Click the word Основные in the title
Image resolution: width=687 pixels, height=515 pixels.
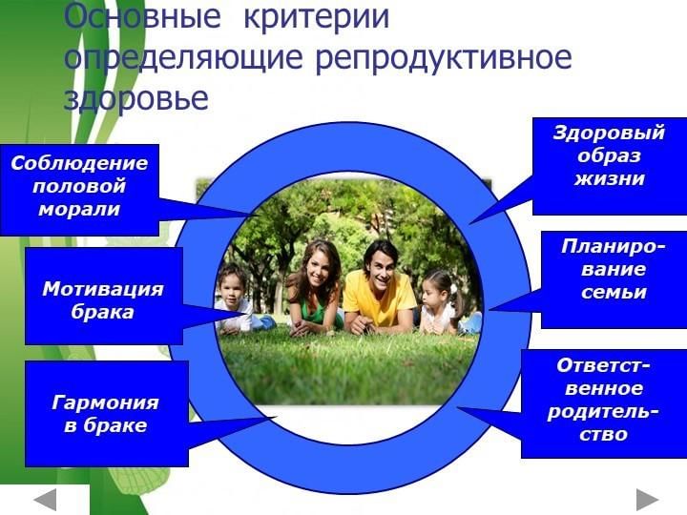pos(141,16)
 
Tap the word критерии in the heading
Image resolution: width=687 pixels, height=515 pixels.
pos(317,16)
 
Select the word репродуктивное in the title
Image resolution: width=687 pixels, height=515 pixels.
pos(444,59)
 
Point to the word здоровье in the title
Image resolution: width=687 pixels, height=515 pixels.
pos(135,97)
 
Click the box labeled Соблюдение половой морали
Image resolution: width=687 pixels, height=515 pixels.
pos(79,190)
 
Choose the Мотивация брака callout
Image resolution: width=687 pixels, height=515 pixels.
pos(103,296)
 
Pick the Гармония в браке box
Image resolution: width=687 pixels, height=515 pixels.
pos(107,413)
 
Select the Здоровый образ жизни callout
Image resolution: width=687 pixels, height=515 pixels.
pos(610,166)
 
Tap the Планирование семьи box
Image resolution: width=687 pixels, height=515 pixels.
pos(614,279)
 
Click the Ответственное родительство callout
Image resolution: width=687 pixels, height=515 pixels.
pos(604,403)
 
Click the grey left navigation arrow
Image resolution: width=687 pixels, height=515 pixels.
pos(45,499)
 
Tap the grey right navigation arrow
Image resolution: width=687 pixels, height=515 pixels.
pos(648,499)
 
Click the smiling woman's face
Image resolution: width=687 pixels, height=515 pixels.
pos(320,268)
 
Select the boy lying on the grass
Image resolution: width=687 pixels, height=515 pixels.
pos(239,302)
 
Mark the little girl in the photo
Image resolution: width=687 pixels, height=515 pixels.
pos(443,303)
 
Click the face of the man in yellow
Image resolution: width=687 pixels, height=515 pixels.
pos(381,264)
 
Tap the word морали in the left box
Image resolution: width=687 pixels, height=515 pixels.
pos(79,210)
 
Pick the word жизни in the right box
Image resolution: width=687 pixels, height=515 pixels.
pos(610,178)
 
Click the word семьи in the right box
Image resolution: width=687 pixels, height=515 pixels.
pos(614,293)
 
